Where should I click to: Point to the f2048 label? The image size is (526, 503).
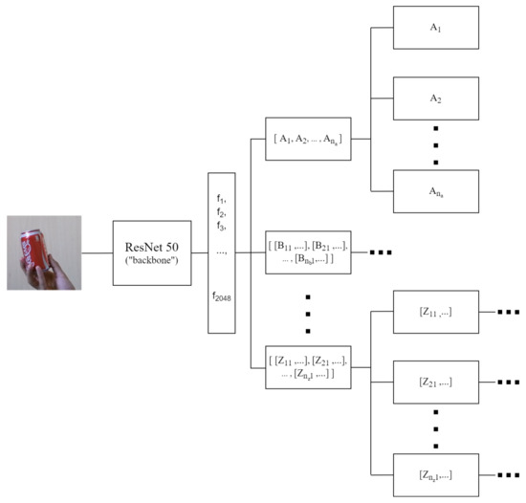[221, 297]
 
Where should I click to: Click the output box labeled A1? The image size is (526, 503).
[435, 29]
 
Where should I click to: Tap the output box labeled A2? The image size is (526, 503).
[435, 98]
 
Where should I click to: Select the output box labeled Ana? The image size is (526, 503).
[435, 190]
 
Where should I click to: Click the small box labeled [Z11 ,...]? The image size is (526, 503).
[435, 313]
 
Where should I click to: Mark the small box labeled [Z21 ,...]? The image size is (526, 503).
[435, 382]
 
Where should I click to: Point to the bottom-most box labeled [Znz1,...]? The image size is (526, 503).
[435, 474]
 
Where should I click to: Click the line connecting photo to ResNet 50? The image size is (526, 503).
[97, 253]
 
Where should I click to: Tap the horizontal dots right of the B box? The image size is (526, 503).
[381, 253]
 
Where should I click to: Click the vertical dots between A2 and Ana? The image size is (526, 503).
[435, 144]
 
